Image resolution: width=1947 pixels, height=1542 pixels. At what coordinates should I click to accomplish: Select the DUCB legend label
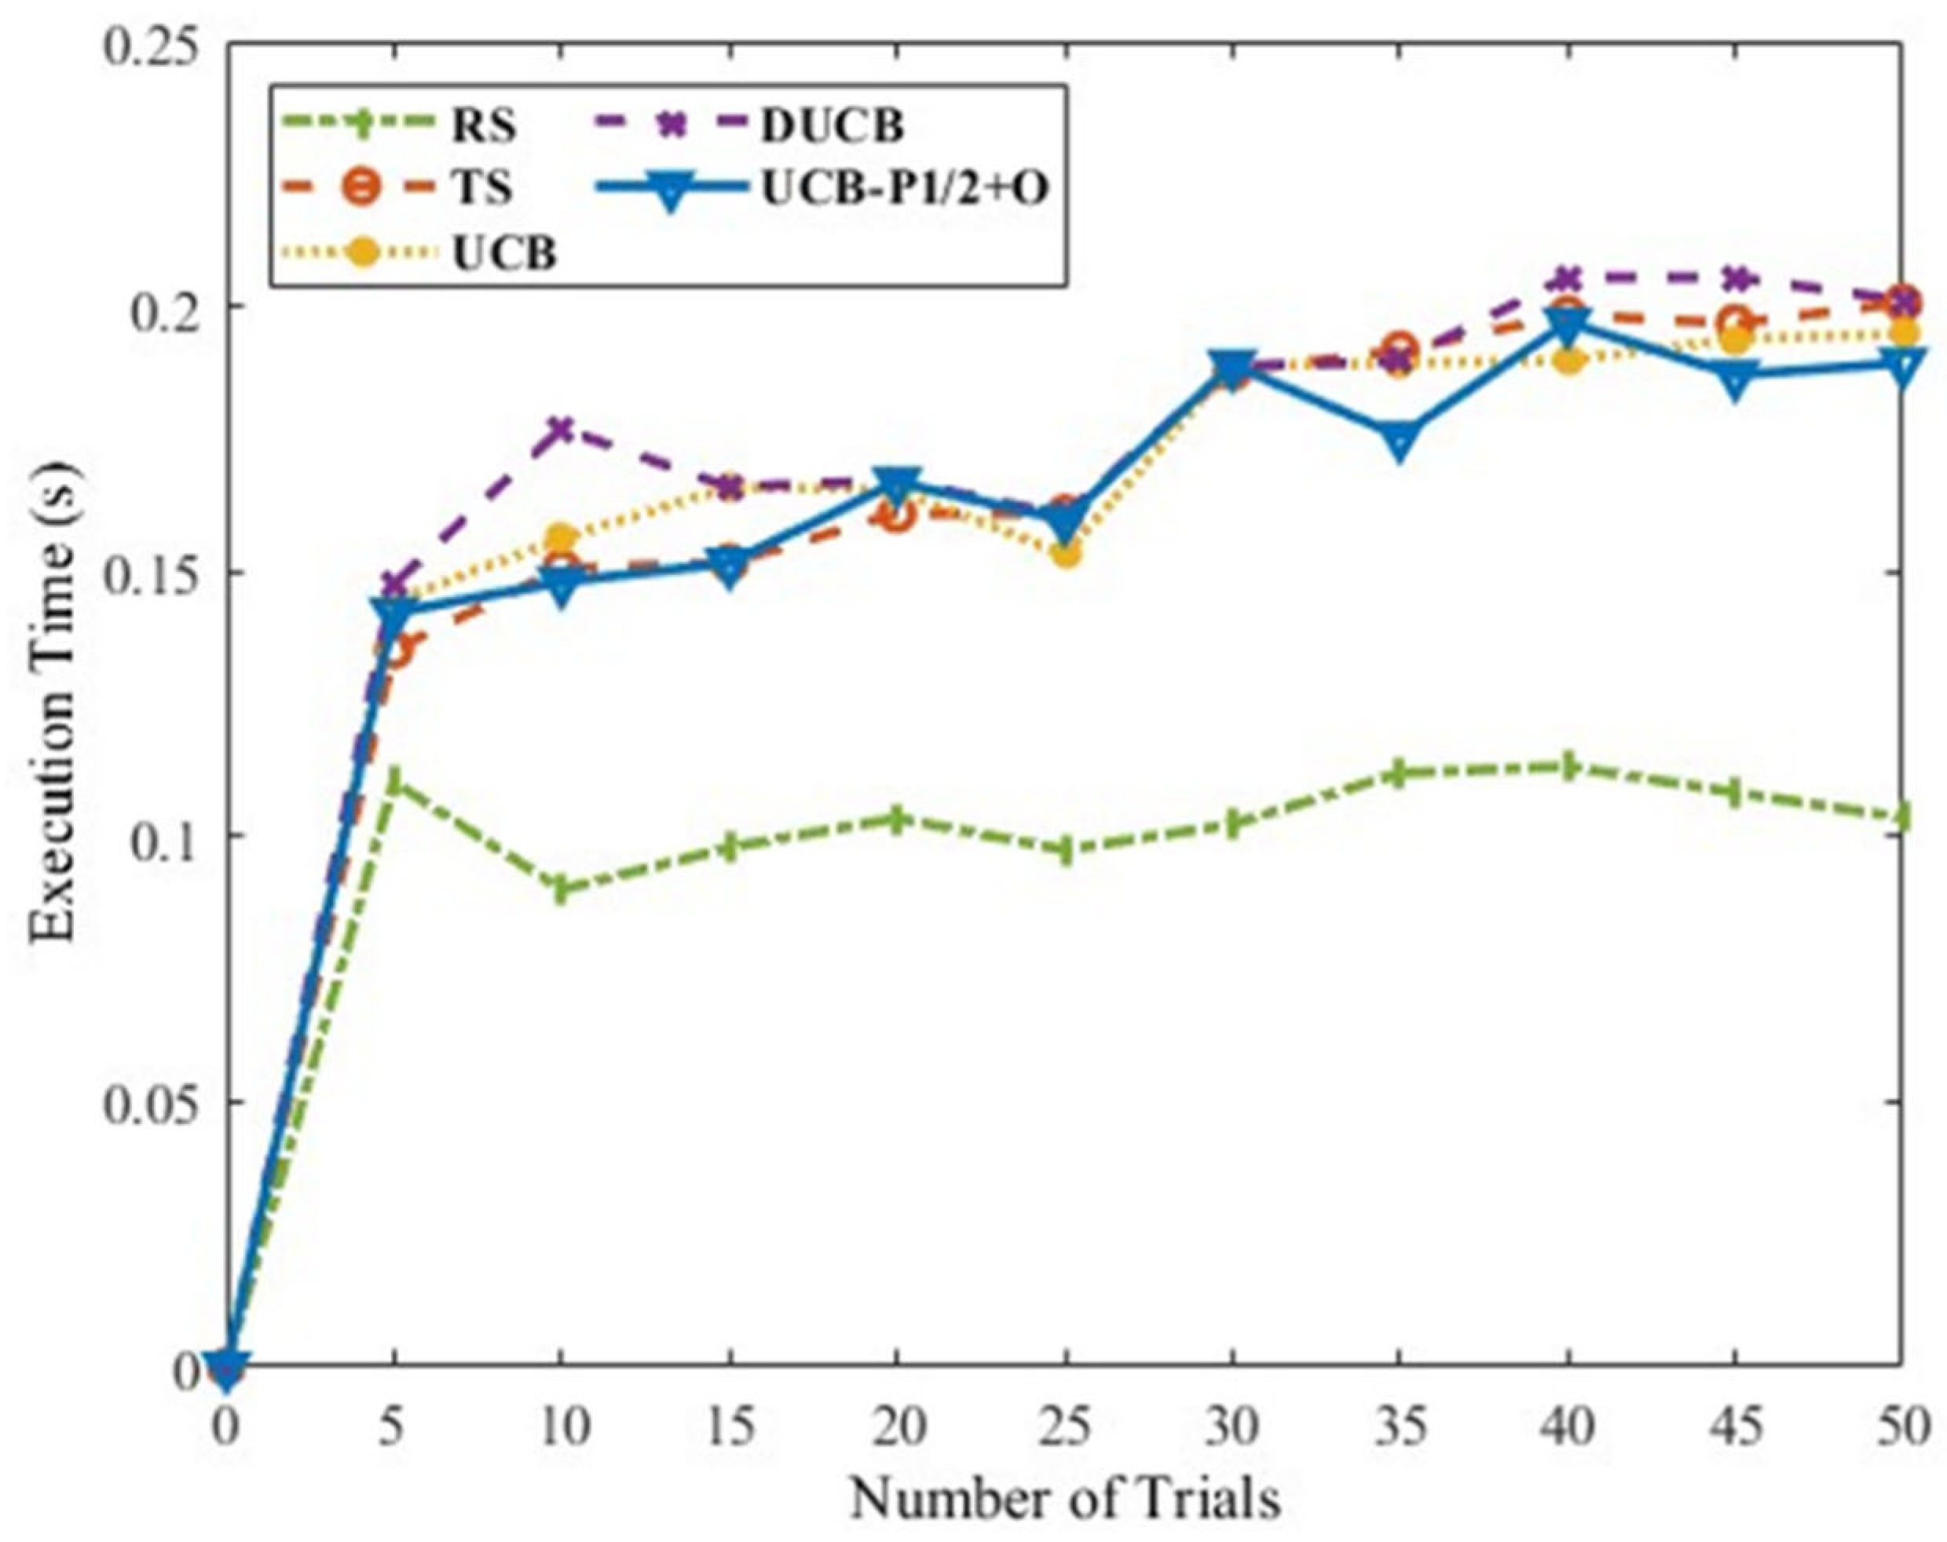pos(831,125)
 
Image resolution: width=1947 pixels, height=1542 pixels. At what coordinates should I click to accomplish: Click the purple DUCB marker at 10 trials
pos(562,428)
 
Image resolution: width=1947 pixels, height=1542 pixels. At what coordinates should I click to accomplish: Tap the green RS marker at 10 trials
pos(562,890)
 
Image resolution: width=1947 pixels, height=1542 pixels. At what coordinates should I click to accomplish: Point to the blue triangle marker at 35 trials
pos(1398,440)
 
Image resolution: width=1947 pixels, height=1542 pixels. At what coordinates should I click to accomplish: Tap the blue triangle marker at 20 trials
pos(896,483)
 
